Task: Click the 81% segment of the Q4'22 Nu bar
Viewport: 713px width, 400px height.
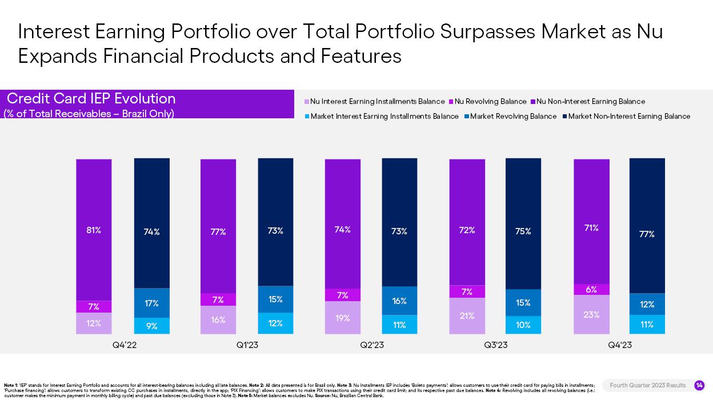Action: pos(94,230)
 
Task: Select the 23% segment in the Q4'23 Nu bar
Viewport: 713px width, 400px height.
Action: pos(591,314)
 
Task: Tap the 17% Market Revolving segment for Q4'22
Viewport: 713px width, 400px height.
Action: pos(151,303)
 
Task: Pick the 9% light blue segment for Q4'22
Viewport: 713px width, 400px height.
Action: pos(151,326)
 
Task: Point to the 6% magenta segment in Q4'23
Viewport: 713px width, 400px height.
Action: pos(591,290)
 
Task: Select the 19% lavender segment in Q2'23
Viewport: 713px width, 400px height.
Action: pos(343,318)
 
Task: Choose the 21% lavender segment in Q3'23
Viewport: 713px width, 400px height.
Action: pos(467,315)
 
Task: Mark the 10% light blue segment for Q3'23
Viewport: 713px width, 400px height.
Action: pos(523,325)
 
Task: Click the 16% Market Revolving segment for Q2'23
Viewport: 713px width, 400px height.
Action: pos(399,301)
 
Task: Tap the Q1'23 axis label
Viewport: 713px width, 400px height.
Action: pos(248,345)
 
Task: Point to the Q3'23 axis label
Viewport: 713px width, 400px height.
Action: pos(496,345)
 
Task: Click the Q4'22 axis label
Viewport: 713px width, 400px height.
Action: pos(125,345)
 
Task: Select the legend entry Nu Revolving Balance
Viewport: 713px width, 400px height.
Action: pos(490,102)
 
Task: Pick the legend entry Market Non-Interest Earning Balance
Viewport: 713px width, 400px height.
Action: pos(629,117)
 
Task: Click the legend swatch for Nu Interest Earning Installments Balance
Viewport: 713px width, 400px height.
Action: pos(307,102)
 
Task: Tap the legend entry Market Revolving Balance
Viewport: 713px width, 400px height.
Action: pos(513,117)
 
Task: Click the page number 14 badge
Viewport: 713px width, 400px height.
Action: pos(699,386)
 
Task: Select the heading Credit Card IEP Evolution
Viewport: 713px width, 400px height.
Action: pos(91,98)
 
